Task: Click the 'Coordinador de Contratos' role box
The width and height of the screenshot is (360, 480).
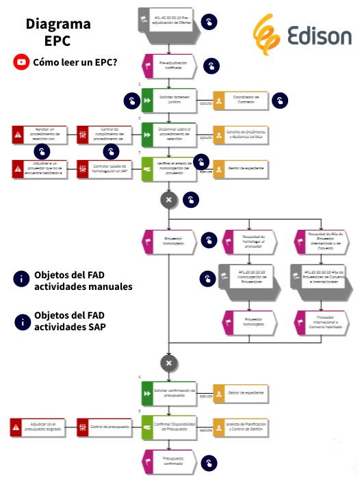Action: point(241,101)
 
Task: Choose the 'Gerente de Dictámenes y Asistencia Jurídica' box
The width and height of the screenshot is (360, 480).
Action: point(241,134)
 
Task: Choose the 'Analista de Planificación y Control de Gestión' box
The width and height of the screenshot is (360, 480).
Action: point(241,429)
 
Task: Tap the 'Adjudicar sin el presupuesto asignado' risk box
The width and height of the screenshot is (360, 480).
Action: point(38,429)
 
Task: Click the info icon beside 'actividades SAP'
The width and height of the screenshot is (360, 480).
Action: point(21,322)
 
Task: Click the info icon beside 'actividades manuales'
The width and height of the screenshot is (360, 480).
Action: point(21,280)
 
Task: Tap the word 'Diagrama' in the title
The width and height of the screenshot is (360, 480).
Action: point(57,25)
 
